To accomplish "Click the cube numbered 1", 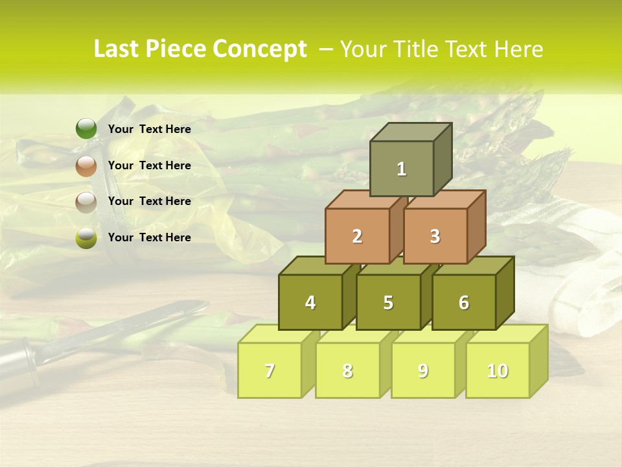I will click(x=402, y=169).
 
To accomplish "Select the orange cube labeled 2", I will click(x=357, y=236).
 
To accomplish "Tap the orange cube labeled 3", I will click(x=435, y=236).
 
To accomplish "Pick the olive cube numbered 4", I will click(x=310, y=302).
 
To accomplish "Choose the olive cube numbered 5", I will click(x=388, y=302).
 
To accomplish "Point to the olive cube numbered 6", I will click(x=464, y=302).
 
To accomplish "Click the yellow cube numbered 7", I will click(x=270, y=370).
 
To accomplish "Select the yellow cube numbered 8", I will click(x=347, y=370).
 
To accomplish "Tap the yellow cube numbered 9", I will click(x=423, y=370).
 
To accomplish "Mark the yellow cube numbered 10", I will click(x=498, y=370).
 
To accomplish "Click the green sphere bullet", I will click(x=86, y=129).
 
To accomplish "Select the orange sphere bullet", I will click(x=86, y=165).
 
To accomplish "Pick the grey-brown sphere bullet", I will click(x=86, y=202).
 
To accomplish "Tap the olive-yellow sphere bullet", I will click(x=86, y=238).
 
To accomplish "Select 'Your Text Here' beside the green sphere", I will click(x=150, y=129).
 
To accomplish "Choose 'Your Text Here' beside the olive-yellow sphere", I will click(x=150, y=237).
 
